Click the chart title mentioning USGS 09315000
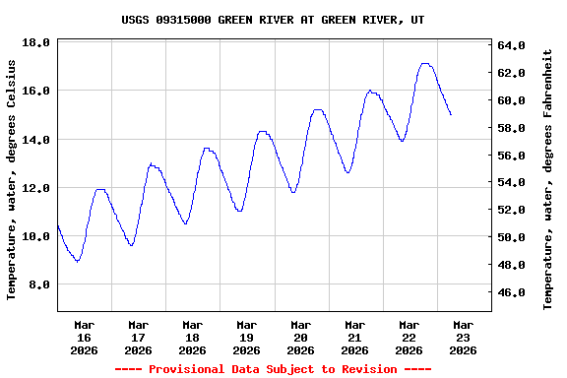(x=274, y=20)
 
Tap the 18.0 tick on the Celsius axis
(x=36, y=43)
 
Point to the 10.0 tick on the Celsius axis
(x=36, y=237)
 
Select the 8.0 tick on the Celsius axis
(x=36, y=285)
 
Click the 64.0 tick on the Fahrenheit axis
(x=513, y=45)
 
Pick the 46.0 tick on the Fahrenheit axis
(x=513, y=293)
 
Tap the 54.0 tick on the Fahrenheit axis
(x=513, y=183)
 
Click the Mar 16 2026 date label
(x=85, y=337)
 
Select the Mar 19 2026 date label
(x=247, y=337)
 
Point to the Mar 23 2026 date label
(x=463, y=337)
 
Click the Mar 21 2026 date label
(x=355, y=337)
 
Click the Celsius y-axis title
(x=12, y=179)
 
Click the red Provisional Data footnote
(x=274, y=369)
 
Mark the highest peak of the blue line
(x=425, y=64)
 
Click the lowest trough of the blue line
(x=78, y=261)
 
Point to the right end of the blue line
(x=451, y=115)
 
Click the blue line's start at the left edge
(x=58, y=226)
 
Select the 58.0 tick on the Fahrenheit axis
(x=513, y=128)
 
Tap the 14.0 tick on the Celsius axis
(x=36, y=141)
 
